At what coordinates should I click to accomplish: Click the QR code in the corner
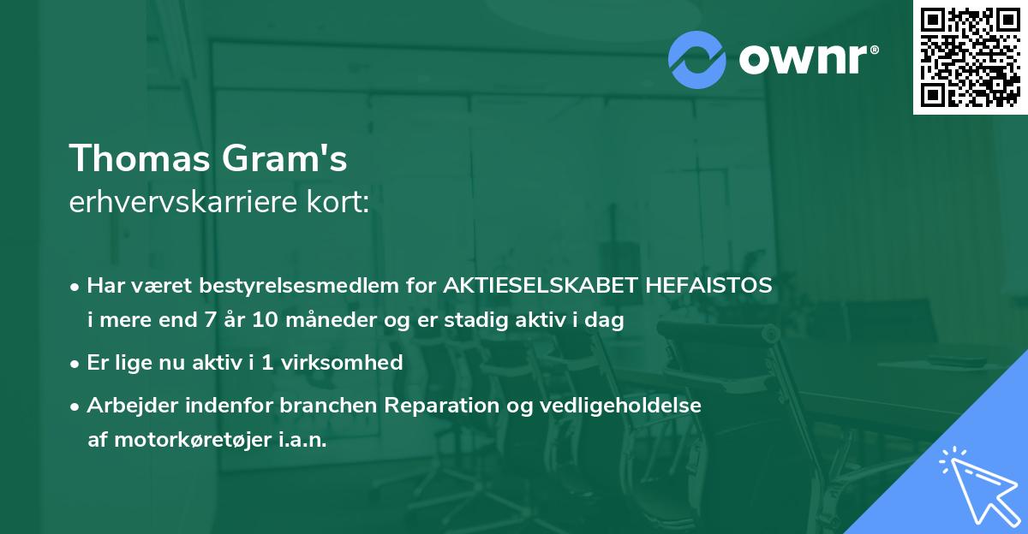click(970, 56)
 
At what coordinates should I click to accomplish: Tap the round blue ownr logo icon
click(697, 60)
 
